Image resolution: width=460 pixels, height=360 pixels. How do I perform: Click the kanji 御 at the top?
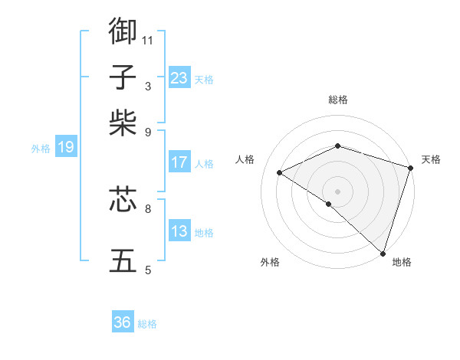pyautogui.click(x=123, y=31)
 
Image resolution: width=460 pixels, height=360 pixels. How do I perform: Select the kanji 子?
pyautogui.click(x=123, y=77)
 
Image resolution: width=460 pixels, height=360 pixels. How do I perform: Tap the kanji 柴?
pyautogui.click(x=123, y=123)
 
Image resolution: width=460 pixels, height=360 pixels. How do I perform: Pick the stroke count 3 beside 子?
pyautogui.click(x=148, y=87)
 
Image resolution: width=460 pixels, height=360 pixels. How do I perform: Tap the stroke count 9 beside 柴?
pyautogui.click(x=148, y=132)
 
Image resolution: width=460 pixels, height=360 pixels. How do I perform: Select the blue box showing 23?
pyautogui.click(x=179, y=78)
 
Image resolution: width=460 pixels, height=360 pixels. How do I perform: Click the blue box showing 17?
pyautogui.click(x=179, y=162)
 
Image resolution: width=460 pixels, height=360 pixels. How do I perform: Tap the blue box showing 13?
pyautogui.click(x=179, y=231)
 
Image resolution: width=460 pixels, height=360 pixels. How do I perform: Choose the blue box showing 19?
pyautogui.click(x=66, y=147)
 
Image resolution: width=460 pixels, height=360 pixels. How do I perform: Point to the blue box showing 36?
pyautogui.click(x=123, y=322)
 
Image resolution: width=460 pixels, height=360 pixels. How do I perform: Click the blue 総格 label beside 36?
pyautogui.click(x=147, y=324)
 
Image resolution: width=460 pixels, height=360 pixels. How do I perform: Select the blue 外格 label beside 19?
pyautogui.click(x=41, y=149)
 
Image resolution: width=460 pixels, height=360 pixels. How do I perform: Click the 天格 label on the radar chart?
pyautogui.click(x=431, y=159)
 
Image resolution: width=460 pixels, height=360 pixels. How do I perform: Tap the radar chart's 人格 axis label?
pyautogui.click(x=245, y=159)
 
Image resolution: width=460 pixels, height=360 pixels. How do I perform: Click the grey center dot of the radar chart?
pyautogui.click(x=337, y=191)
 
